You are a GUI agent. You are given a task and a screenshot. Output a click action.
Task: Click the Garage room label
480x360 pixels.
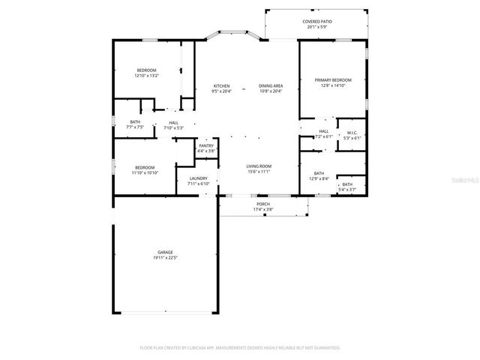tap(165, 252)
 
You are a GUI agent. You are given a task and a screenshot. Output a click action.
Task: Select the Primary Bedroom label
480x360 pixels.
tap(332, 79)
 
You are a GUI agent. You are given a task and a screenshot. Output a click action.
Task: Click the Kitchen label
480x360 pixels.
tap(221, 86)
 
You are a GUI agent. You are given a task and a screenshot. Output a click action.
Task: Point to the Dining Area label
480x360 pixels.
tap(270, 86)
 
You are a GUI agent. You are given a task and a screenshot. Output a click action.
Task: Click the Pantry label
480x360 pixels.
tap(206, 146)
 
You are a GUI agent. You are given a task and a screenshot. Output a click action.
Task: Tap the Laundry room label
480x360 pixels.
tap(198, 178)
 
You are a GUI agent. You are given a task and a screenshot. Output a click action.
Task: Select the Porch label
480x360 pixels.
tap(262, 204)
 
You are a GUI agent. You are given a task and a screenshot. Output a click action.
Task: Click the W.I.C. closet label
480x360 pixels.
tap(352, 133)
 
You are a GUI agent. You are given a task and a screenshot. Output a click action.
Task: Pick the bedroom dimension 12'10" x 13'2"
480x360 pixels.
tap(146, 76)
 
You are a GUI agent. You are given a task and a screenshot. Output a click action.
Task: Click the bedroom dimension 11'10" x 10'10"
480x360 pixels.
tap(145, 172)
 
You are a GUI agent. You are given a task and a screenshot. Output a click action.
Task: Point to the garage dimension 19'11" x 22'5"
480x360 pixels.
tap(165, 257)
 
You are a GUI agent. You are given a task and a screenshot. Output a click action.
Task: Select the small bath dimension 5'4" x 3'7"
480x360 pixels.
tap(347, 190)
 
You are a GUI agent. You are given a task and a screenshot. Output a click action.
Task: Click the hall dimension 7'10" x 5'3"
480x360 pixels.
tap(173, 127)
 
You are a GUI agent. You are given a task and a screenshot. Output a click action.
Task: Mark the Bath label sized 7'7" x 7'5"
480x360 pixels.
tap(135, 122)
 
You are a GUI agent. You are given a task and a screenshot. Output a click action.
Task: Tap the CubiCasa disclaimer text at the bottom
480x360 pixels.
tap(240, 348)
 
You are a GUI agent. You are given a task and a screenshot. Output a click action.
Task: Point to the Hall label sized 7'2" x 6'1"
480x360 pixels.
tap(324, 131)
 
